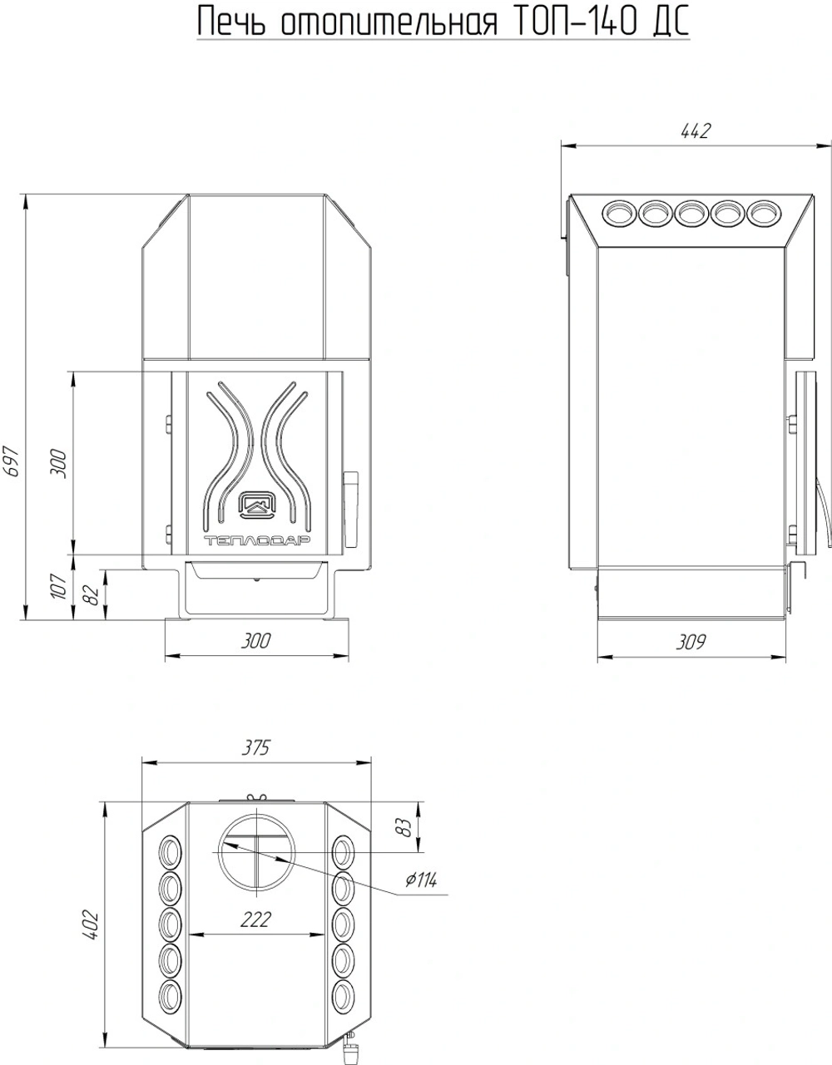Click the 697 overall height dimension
[x=11, y=461]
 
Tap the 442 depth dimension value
[x=696, y=131]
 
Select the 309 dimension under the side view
[x=691, y=642]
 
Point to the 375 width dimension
[x=255, y=748]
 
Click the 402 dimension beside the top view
[x=92, y=924]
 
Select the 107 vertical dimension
[x=59, y=585]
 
